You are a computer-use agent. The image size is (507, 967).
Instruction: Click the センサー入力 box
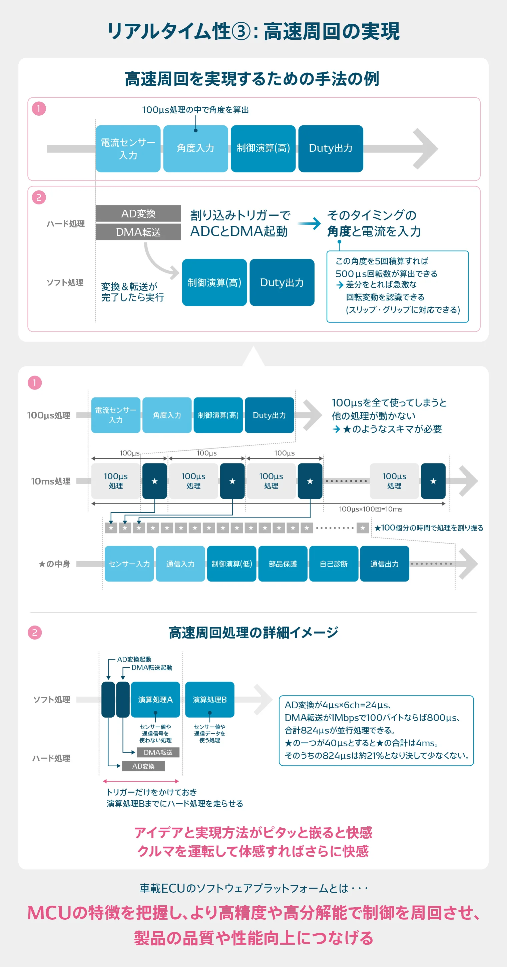pyautogui.click(x=129, y=564)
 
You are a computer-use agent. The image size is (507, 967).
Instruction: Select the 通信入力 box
pyautogui.click(x=180, y=564)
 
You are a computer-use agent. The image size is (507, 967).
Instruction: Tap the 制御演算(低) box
pyautogui.click(x=232, y=564)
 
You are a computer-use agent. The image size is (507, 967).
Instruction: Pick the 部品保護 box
pyautogui.click(x=283, y=564)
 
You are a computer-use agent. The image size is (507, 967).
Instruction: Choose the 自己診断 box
pyautogui.click(x=334, y=564)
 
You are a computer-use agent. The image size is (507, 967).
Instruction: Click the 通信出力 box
pyautogui.click(x=384, y=564)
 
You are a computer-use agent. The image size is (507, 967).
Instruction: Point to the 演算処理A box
pyautogui.click(x=155, y=699)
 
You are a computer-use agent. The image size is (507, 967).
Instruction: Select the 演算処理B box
pyautogui.click(x=209, y=699)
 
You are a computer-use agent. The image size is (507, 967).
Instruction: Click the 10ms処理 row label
pyautogui.click(x=51, y=481)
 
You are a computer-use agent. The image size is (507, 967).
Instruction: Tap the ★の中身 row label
pyautogui.click(x=54, y=564)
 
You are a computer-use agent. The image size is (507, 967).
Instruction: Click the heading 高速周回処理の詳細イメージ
pyautogui.click(x=253, y=633)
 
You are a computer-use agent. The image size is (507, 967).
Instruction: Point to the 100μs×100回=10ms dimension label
pyautogui.click(x=370, y=509)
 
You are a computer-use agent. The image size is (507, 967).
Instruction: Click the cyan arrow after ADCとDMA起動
pyautogui.click(x=310, y=223)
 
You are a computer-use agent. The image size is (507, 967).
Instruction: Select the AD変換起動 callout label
pyautogui.click(x=134, y=659)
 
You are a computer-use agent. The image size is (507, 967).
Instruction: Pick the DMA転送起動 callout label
pyautogui.click(x=152, y=668)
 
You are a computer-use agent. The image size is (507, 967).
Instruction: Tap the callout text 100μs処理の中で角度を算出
pyautogui.click(x=195, y=110)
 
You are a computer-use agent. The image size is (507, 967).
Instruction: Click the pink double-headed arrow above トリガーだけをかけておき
pyautogui.click(x=141, y=781)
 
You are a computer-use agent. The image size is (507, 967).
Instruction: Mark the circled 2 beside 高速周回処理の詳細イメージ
pyautogui.click(x=35, y=633)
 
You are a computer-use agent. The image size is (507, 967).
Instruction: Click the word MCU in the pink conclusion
pyautogui.click(x=49, y=913)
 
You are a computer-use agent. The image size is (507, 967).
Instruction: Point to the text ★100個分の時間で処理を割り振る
pyautogui.click(x=429, y=528)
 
